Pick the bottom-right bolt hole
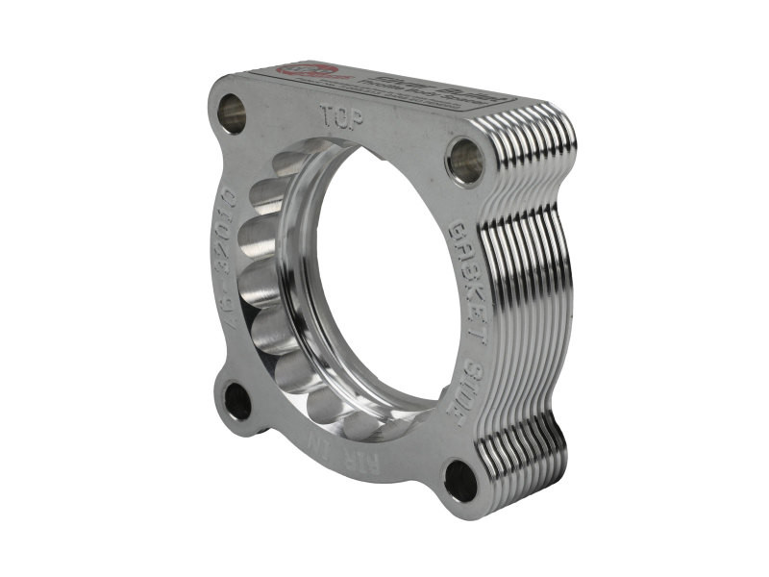point(461,479)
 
